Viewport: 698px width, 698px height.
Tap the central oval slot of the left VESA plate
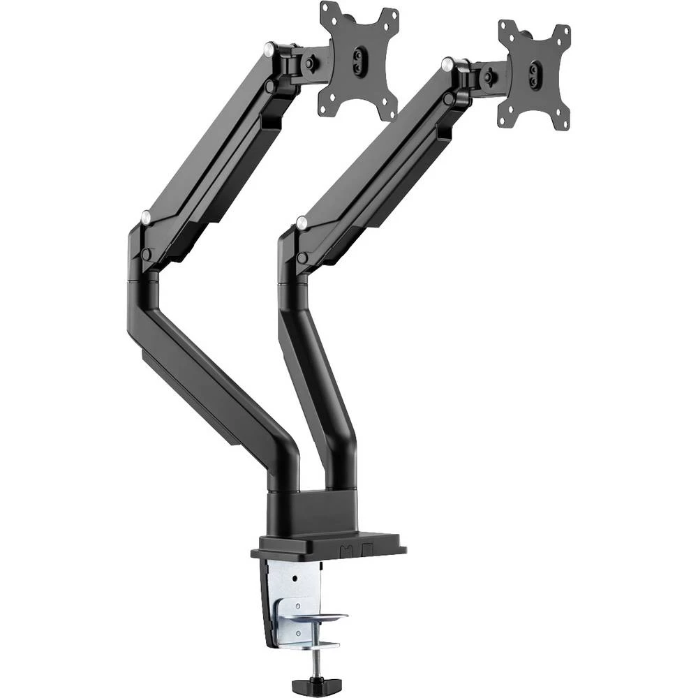(x=359, y=59)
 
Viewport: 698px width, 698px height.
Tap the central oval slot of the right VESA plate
(x=535, y=74)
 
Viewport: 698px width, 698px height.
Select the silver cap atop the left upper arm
(x=269, y=48)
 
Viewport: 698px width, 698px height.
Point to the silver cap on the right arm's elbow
(x=302, y=223)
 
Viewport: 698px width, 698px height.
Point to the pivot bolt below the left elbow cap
(x=147, y=255)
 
